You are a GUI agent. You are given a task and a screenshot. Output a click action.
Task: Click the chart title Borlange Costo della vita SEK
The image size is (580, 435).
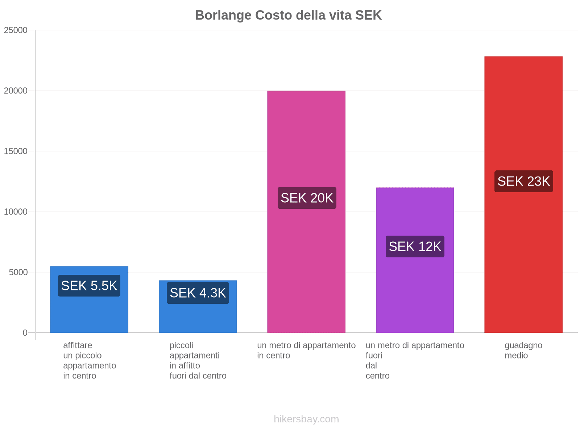click(288, 15)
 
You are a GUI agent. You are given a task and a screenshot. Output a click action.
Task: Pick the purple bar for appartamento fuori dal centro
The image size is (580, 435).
click(415, 290)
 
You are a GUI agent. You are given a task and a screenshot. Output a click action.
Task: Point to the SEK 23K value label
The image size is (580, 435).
click(523, 181)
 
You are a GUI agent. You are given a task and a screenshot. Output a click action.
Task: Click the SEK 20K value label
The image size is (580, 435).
click(307, 198)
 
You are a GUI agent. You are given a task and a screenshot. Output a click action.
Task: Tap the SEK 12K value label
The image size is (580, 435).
click(415, 246)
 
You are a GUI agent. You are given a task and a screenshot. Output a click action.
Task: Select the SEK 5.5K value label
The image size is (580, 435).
click(89, 286)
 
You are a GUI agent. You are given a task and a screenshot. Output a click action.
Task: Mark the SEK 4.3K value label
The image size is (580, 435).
click(198, 293)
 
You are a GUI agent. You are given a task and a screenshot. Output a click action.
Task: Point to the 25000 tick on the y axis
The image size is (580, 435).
click(16, 30)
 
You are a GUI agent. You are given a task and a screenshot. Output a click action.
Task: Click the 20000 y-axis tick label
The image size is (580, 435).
click(16, 91)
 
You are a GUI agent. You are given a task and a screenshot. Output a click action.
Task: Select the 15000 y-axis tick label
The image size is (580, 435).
click(16, 151)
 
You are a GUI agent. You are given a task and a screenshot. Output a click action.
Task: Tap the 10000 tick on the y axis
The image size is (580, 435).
click(16, 212)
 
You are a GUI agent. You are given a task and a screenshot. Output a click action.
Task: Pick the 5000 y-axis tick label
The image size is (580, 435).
click(18, 272)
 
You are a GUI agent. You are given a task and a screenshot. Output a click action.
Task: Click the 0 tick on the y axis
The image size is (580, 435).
click(25, 333)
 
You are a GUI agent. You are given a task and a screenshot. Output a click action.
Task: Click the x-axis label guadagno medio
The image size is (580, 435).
click(523, 350)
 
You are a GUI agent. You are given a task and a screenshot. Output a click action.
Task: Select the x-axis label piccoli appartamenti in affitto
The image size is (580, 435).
click(198, 360)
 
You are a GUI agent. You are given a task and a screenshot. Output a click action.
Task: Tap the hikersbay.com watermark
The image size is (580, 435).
click(306, 419)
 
